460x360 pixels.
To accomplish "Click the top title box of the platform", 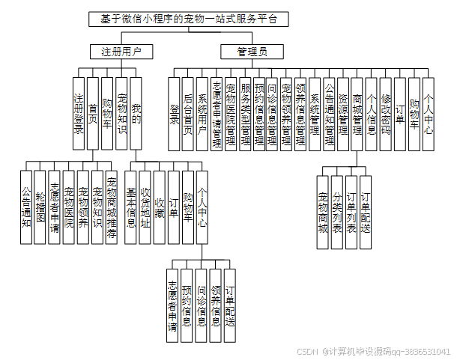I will pos(187,19).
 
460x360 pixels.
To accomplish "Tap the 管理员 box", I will pos(252,52).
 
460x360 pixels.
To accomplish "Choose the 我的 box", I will pos(136,112).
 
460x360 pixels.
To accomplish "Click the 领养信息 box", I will pos(216,300).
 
